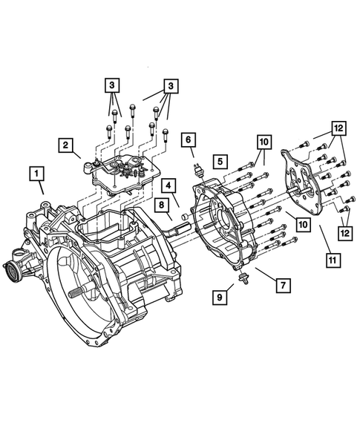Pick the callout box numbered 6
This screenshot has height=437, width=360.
tap(189, 139)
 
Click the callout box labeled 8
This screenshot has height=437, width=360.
tap(160, 205)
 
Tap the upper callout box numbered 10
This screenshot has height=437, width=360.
tap(264, 141)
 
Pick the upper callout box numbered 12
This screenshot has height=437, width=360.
tap(337, 128)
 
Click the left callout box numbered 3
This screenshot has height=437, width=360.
tap(111, 86)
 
